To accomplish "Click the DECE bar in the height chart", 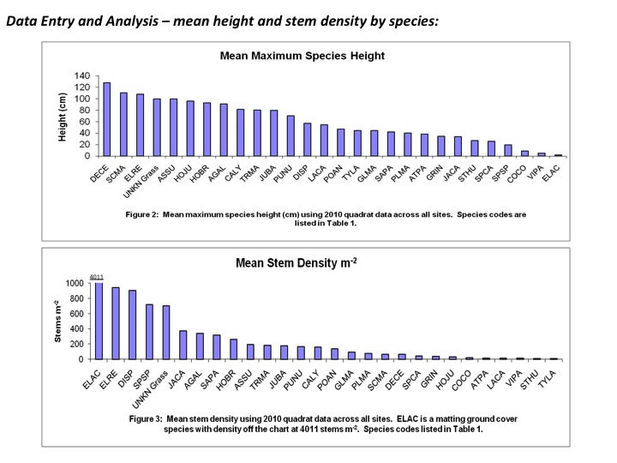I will pyautogui.click(x=107, y=119).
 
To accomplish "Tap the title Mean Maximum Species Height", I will pyautogui.click(x=303, y=56).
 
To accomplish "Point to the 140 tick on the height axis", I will pyautogui.click(x=81, y=75).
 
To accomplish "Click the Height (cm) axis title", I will pyautogui.click(x=63, y=116).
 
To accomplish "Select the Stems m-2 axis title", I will pyautogui.click(x=58, y=322).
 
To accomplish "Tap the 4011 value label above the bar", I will pyautogui.click(x=97, y=276).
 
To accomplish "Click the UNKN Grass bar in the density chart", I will pyautogui.click(x=166, y=332).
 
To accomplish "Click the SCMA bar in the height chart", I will pyautogui.click(x=123, y=124).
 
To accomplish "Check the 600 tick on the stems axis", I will pyautogui.click(x=76, y=313).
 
